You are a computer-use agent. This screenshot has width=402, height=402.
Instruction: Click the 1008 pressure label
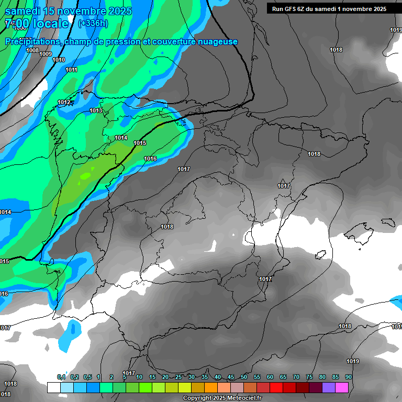32,50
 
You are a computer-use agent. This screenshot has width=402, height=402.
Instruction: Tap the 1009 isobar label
46,54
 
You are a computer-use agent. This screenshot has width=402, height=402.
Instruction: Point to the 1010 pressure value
59,60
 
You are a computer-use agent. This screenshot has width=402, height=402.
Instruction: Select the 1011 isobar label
72,70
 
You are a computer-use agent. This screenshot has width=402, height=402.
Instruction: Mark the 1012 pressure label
64,102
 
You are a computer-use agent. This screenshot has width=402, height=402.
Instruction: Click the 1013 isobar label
96,110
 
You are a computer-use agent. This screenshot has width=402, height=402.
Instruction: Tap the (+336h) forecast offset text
93,23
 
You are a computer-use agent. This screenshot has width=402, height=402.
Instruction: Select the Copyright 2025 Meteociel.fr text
222,398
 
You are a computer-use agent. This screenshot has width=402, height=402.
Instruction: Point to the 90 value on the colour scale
348,377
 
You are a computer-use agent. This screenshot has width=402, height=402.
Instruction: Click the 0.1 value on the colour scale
61,377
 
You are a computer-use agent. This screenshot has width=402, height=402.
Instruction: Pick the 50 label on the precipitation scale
244,377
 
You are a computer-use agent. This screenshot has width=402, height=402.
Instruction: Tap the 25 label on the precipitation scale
178,377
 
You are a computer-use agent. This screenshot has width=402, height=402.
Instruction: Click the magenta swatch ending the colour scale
342,387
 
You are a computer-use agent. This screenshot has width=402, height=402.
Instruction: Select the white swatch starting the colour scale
53,387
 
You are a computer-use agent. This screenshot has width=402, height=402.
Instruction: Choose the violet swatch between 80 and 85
329,387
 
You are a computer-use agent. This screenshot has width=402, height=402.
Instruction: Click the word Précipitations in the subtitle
32,41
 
